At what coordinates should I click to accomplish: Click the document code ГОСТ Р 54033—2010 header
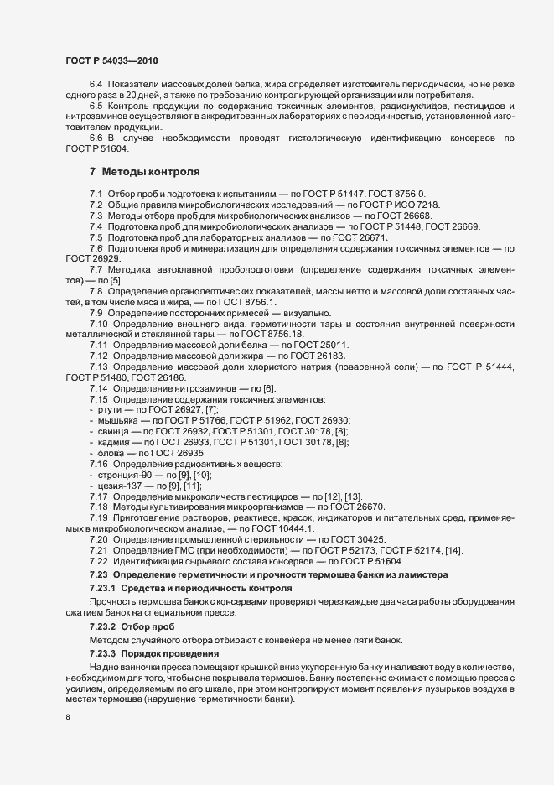111,61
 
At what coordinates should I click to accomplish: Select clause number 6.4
96,85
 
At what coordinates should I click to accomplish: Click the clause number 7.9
96,313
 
